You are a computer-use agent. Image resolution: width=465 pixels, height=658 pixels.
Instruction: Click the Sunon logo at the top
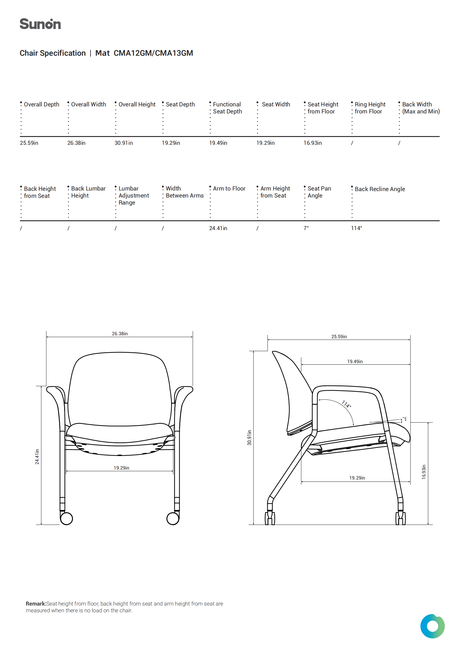[40, 24]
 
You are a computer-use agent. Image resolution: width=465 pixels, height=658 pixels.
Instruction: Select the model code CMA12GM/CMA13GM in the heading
[153, 53]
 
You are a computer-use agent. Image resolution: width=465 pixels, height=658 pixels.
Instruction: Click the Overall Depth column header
[41, 104]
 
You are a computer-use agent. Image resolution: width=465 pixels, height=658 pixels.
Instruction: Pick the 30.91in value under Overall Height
[123, 143]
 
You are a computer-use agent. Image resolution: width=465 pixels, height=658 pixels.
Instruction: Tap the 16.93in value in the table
[312, 143]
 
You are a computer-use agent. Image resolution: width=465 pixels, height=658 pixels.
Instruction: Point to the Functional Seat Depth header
[227, 108]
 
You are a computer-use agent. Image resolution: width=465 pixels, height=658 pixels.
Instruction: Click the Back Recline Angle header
[379, 189]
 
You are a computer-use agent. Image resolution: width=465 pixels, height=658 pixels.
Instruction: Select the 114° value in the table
[356, 228]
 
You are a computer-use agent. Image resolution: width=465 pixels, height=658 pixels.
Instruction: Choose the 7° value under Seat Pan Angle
[306, 228]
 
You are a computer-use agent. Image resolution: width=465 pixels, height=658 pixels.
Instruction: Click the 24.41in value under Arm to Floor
[218, 228]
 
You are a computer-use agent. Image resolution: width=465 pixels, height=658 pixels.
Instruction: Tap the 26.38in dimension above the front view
[120, 334]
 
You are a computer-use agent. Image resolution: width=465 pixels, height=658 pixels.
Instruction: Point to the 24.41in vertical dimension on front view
[37, 457]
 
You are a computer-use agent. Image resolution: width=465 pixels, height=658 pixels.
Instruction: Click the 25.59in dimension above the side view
[339, 336]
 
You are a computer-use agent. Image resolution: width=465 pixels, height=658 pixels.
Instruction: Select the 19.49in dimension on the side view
[355, 361]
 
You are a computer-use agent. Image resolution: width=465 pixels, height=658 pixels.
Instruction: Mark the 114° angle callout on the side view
[346, 404]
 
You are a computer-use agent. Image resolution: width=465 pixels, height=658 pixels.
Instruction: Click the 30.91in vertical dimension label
[249, 438]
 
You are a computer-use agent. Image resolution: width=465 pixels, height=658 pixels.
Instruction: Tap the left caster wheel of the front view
[67, 518]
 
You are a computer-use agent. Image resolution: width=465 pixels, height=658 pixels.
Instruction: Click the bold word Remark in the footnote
[36, 603]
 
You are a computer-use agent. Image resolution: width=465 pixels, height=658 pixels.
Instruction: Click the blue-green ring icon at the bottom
[432, 626]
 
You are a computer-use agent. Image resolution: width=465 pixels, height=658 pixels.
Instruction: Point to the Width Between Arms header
[184, 192]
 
